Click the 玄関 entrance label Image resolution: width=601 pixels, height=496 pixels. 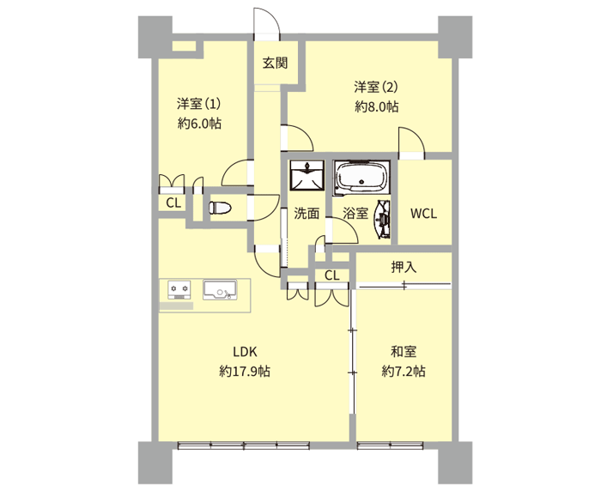276,63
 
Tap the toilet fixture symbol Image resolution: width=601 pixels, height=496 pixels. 220,208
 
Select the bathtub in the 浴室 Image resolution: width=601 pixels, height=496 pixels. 361,177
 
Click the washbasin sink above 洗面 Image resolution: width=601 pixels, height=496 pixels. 307,175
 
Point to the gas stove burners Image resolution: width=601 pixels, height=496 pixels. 179,290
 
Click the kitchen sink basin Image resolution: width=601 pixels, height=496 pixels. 220,290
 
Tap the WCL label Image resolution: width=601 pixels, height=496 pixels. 423,214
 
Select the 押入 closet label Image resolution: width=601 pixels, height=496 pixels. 404,267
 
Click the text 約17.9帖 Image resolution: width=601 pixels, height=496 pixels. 245,371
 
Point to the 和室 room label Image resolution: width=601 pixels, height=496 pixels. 404,351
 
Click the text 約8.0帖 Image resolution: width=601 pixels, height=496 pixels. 376,107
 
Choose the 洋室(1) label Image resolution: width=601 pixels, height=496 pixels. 198,104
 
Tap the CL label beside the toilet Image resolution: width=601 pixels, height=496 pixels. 173,203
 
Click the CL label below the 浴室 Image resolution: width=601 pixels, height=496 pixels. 331,275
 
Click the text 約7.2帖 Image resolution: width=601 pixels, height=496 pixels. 404,371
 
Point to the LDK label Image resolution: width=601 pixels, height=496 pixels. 245,351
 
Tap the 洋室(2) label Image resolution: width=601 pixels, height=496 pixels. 376,88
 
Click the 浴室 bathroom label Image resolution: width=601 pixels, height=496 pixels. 355,214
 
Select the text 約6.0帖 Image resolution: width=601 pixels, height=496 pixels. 199,124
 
